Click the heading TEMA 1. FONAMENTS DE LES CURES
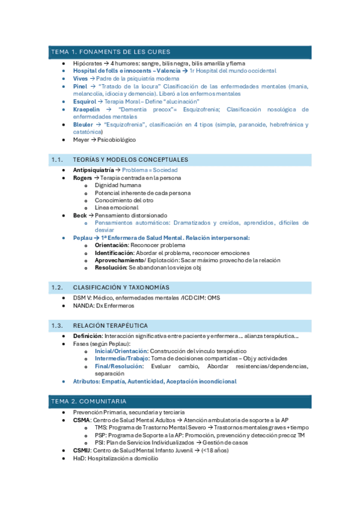point(111,52)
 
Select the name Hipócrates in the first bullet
point(86,63)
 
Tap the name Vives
point(80,78)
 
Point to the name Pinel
point(80,86)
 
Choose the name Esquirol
point(84,102)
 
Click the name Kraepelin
point(87,109)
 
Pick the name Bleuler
point(84,124)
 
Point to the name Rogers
point(83,178)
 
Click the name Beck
point(80,215)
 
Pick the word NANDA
point(84,306)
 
